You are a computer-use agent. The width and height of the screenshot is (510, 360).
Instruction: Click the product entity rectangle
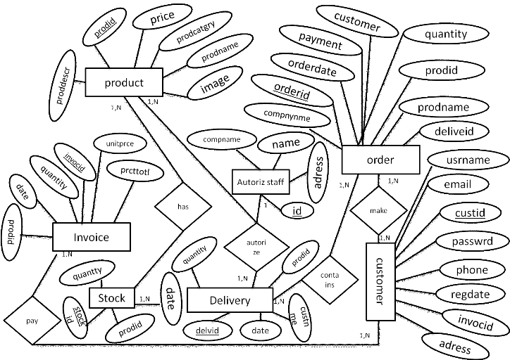[x=124, y=82]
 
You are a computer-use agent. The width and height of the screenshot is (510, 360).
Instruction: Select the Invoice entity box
[x=92, y=237]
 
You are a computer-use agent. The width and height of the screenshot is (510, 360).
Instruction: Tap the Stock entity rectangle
[x=111, y=298]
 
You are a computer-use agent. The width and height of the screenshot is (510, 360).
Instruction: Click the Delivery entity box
[x=230, y=301]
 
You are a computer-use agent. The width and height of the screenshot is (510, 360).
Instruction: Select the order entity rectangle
[x=380, y=160]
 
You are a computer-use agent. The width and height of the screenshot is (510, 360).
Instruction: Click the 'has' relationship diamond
[x=183, y=206]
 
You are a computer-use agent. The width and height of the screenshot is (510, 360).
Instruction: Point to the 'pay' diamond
[x=32, y=319]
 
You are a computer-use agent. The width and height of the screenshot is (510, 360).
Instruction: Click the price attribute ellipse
[x=162, y=20]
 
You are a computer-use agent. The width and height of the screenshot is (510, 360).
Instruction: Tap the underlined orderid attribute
[x=292, y=91]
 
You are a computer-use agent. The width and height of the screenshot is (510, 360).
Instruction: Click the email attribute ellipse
[x=457, y=185]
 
